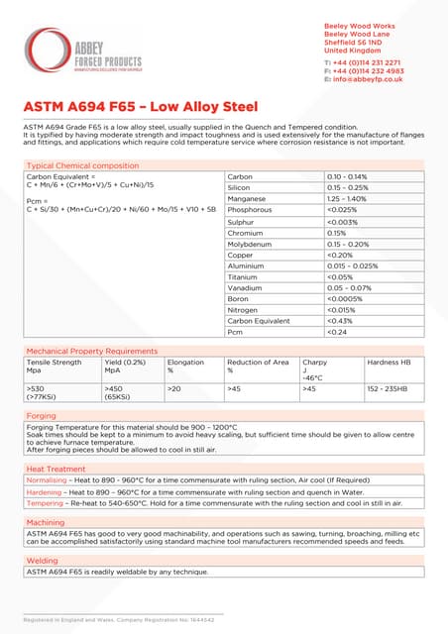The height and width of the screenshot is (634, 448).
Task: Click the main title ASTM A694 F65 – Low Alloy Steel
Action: [141, 106]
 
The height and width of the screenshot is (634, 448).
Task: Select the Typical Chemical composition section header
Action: [82, 165]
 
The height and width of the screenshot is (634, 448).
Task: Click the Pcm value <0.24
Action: [337, 332]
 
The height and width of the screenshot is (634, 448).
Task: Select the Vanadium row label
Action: [246, 287]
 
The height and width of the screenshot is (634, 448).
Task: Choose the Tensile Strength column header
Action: [54, 363]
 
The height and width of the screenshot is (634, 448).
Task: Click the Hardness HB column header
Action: [390, 363]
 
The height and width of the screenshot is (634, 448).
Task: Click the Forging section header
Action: [42, 416]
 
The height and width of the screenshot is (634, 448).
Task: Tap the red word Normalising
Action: [47, 478]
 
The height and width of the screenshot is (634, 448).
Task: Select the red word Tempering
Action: [45, 502]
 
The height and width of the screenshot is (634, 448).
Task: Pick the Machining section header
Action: [46, 522]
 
